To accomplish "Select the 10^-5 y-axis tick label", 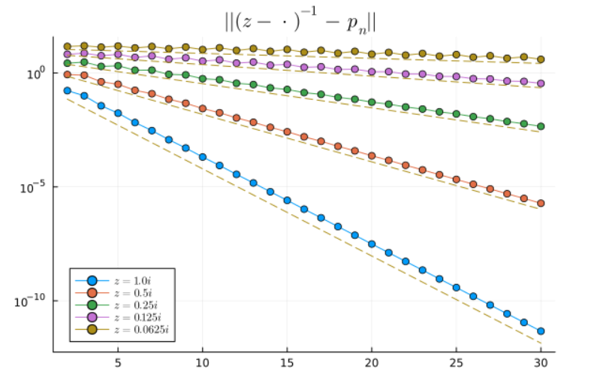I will click(x=35, y=187).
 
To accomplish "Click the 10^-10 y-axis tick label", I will click(x=32, y=301).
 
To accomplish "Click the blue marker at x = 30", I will click(x=541, y=331).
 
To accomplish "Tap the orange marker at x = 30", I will click(x=541, y=204).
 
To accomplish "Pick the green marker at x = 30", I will click(x=541, y=126).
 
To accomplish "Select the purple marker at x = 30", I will click(x=541, y=83).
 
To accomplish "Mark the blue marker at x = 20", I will click(x=372, y=243).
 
